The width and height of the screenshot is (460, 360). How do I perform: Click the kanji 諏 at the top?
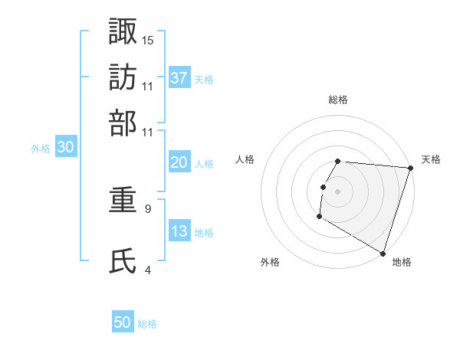123,31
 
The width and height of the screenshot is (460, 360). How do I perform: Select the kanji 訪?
123,77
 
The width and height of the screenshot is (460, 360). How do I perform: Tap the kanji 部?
123,123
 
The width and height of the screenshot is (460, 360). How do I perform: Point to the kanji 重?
123,202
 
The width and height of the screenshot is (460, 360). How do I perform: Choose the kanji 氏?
123,261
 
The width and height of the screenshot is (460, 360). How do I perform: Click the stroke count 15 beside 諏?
148,40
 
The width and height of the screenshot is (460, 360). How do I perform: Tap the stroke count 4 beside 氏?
148,270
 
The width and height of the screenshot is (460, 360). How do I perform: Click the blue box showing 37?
179,77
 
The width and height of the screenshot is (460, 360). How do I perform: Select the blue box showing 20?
179,162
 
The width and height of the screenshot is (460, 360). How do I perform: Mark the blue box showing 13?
179,231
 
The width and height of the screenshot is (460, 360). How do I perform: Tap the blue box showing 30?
65,148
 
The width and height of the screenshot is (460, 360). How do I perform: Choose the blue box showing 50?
123,322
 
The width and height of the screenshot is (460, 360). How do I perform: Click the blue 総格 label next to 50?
147,324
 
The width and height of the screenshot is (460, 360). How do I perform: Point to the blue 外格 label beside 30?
40,149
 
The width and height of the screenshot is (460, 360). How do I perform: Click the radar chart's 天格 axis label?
432,159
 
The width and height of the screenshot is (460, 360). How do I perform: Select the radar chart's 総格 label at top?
338,100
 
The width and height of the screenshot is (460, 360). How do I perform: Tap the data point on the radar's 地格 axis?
383,253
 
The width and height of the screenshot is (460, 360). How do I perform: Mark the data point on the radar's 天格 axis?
410,168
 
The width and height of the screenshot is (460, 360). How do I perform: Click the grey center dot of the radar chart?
337,191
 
